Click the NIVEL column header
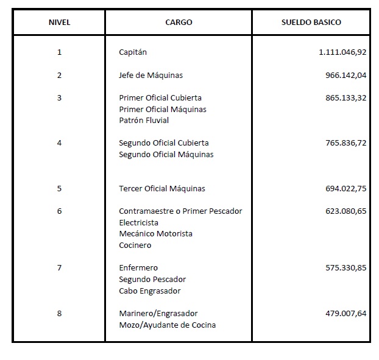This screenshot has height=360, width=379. [59, 23]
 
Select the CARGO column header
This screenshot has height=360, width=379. [179, 23]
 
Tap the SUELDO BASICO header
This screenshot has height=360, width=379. [311, 23]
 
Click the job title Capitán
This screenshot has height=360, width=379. [133, 52]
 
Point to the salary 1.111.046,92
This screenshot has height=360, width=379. [342, 52]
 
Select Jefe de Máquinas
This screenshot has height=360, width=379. [151, 76]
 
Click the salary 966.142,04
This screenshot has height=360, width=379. [346, 76]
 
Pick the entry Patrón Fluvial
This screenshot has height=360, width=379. [144, 120]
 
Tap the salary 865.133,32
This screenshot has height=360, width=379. [346, 97]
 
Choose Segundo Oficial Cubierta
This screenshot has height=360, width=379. [164, 143]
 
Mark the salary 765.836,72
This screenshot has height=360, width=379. [346, 143]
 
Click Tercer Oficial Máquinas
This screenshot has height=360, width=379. [162, 189]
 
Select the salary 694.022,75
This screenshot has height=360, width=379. [346, 189]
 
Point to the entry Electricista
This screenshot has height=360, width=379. [139, 222]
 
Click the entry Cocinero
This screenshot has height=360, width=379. [135, 245]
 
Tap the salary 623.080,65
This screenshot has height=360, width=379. [346, 211]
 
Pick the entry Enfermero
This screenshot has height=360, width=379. [138, 268]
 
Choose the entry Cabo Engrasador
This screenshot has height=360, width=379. [149, 291]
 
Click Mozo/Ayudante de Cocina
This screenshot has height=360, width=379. [167, 325]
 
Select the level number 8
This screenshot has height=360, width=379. [59, 314]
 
